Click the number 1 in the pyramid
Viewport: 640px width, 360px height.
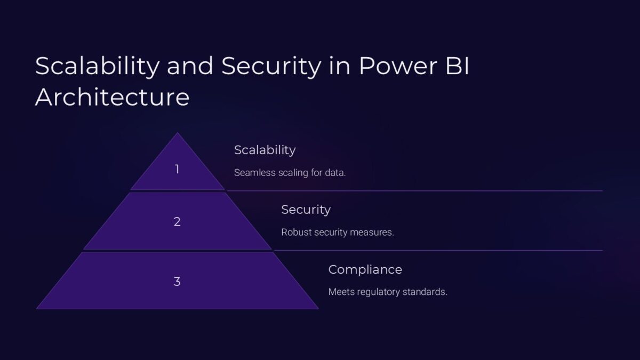click(177, 170)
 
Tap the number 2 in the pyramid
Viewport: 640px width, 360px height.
click(177, 222)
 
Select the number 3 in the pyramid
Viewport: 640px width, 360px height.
click(177, 282)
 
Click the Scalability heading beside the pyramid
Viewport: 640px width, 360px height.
click(265, 150)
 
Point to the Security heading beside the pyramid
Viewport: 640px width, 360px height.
click(306, 210)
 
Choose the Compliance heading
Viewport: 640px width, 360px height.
click(365, 269)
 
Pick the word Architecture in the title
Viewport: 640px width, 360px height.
click(112, 98)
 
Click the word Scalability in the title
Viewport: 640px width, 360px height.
click(97, 66)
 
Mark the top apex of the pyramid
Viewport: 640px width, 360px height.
click(177, 133)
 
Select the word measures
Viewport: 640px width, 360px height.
click(374, 233)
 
